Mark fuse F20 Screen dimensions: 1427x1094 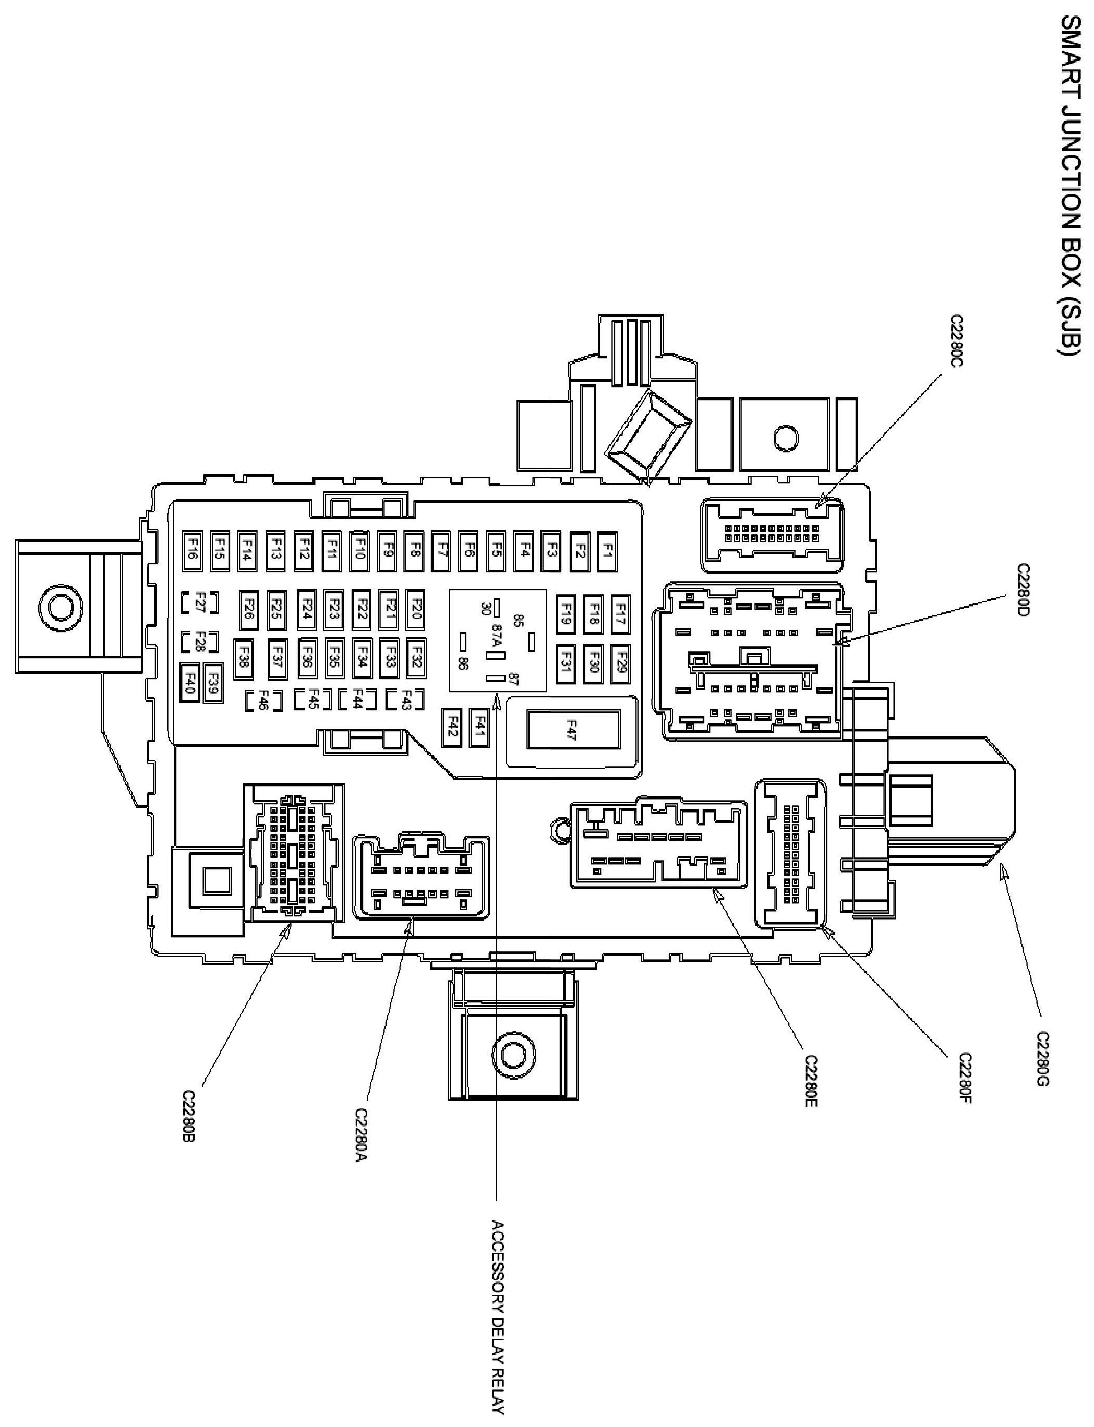point(417,608)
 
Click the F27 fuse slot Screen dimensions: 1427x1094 point(199,603)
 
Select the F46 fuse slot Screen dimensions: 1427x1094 point(265,700)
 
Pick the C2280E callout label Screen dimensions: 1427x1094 point(811,1081)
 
